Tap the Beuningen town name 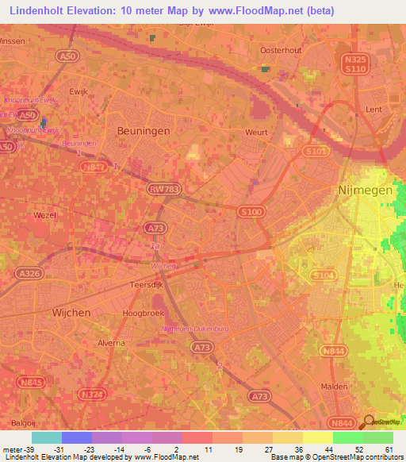coord(142,131)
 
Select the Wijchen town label coord(71,313)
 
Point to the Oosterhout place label coord(282,49)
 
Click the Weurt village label coord(257,133)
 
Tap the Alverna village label coord(110,343)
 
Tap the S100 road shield coord(251,210)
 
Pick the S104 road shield coord(323,275)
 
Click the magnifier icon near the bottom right coord(367,422)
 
